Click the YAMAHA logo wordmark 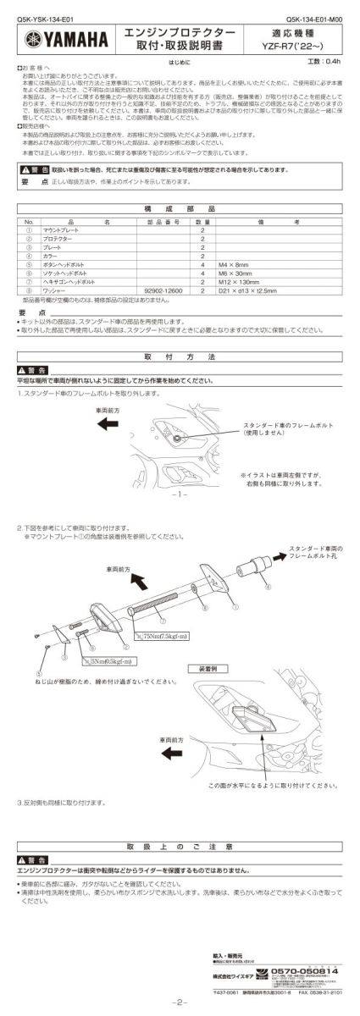68,38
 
